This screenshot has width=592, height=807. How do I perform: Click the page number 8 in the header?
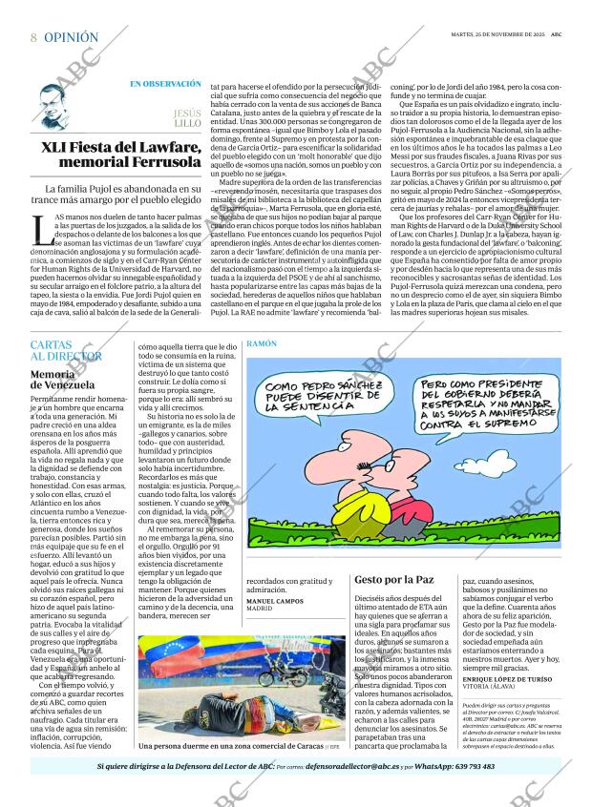pyautogui.click(x=33, y=38)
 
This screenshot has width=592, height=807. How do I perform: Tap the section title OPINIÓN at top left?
pyautogui.click(x=71, y=38)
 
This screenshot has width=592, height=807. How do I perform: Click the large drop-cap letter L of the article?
pyautogui.click(x=39, y=231)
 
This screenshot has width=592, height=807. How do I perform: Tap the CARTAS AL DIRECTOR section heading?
pyautogui.click(x=65, y=349)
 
